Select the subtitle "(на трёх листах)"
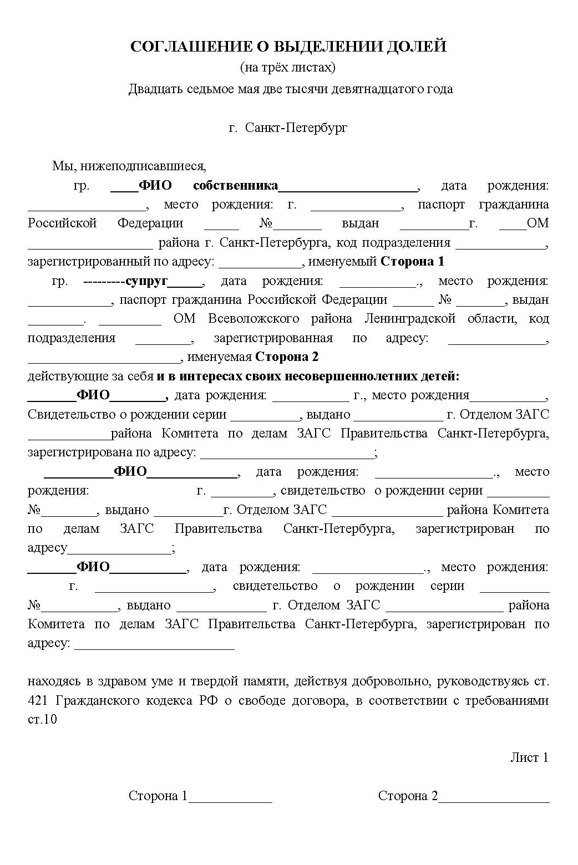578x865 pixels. point(288,68)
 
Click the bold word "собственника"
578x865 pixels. point(235,185)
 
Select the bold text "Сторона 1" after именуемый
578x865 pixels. point(412,261)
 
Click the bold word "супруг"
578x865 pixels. point(146,281)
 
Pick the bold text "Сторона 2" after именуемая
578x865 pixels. point(287,357)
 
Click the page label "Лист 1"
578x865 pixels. point(529,757)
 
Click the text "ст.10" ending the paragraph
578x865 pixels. point(42,720)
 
